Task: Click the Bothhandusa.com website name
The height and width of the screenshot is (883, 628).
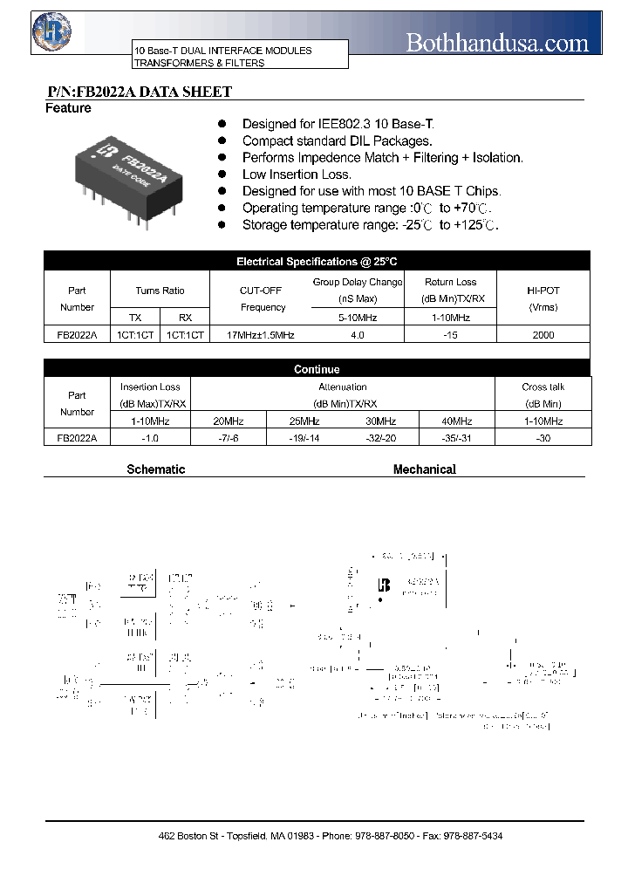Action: click(498, 42)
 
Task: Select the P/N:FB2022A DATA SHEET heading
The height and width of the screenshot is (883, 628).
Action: click(139, 92)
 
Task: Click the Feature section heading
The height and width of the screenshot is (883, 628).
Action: click(68, 108)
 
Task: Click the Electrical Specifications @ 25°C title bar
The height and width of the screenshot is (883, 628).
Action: click(317, 261)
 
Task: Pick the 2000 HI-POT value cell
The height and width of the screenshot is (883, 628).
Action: click(543, 335)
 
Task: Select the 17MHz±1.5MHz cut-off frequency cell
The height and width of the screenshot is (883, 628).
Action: click(261, 335)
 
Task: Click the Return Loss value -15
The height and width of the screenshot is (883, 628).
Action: click(450, 335)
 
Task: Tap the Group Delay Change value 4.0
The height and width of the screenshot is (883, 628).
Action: click(357, 335)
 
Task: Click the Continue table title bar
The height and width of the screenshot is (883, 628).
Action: click(317, 369)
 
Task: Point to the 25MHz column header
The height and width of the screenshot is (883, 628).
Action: click(304, 421)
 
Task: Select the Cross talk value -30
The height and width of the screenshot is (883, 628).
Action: click(543, 438)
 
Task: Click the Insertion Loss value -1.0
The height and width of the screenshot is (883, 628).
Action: click(150, 438)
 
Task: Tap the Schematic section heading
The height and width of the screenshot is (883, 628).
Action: click(156, 469)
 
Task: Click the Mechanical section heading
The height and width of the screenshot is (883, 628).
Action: click(425, 469)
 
